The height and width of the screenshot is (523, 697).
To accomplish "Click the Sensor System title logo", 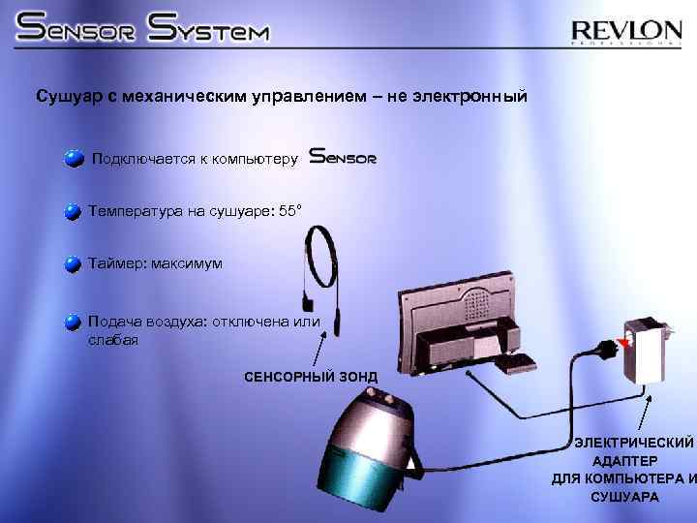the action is click(x=143, y=29).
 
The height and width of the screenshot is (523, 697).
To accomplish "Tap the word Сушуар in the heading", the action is click(x=65, y=97).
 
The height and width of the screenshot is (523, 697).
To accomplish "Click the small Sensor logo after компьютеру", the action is click(x=343, y=157).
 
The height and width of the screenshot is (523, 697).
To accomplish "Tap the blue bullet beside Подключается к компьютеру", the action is click(x=74, y=159).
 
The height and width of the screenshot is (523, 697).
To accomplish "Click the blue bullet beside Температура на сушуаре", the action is click(x=74, y=211).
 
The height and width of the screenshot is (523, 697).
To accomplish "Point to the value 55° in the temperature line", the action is click(x=290, y=210).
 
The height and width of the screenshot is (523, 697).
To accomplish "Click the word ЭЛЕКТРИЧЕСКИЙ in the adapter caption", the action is click(x=634, y=443).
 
